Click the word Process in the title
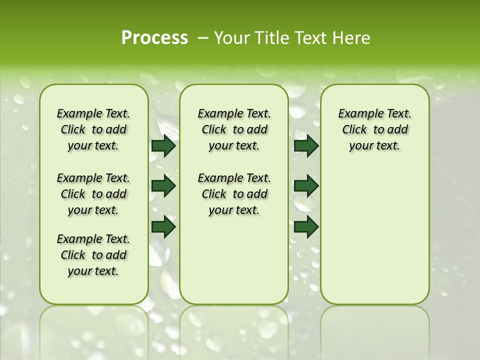(x=154, y=37)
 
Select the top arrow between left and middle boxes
(x=163, y=146)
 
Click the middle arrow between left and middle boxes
(x=163, y=186)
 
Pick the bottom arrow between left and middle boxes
(x=163, y=226)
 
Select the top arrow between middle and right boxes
(x=306, y=146)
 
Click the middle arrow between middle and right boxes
(x=306, y=186)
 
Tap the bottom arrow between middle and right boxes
(x=306, y=226)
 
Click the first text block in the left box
(x=93, y=129)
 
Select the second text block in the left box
(x=93, y=194)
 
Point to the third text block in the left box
(x=93, y=255)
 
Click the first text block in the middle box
(x=234, y=129)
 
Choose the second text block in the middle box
(x=234, y=194)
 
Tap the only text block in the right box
(x=374, y=129)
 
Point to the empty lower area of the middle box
(x=234, y=260)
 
